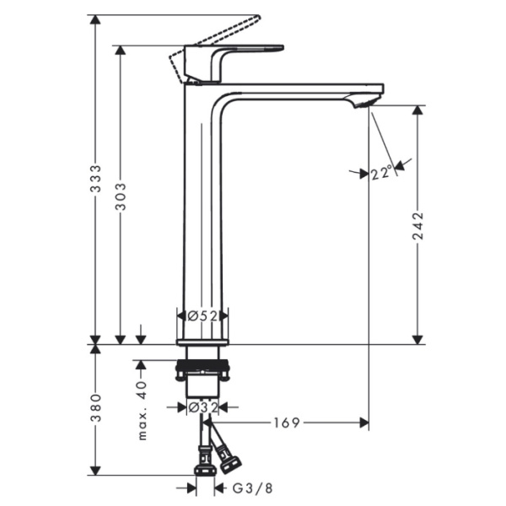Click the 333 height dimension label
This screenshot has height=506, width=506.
pyautogui.click(x=96, y=179)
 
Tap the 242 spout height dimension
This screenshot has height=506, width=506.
pyautogui.click(x=417, y=226)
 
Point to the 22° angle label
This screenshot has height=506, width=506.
pyautogui.click(x=381, y=173)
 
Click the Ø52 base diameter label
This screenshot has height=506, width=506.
pyautogui.click(x=202, y=315)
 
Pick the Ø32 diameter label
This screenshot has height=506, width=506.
pyautogui.click(x=202, y=406)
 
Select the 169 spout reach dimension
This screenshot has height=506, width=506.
pyautogui.click(x=287, y=423)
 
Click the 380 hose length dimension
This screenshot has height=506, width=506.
pyautogui.click(x=96, y=408)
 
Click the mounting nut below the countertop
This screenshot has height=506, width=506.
pyautogui.click(x=202, y=368)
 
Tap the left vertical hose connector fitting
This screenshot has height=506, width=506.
pyautogui.click(x=202, y=460)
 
